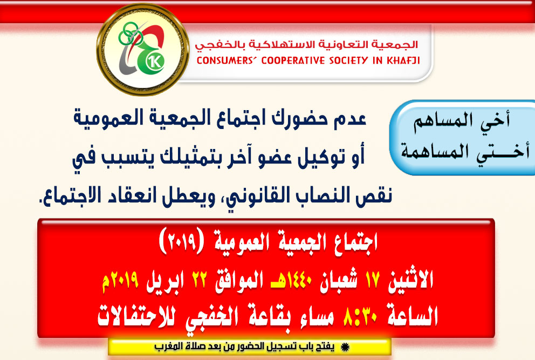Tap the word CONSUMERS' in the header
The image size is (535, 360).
coord(225,60)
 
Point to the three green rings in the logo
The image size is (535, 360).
coord(131,34)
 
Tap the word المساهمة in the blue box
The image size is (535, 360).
coord(430,151)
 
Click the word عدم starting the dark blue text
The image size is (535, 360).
coord(349,119)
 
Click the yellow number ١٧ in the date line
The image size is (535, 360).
coord(372,280)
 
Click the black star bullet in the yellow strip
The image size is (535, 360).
coord(345,348)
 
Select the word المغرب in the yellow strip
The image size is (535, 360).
coord(167,347)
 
